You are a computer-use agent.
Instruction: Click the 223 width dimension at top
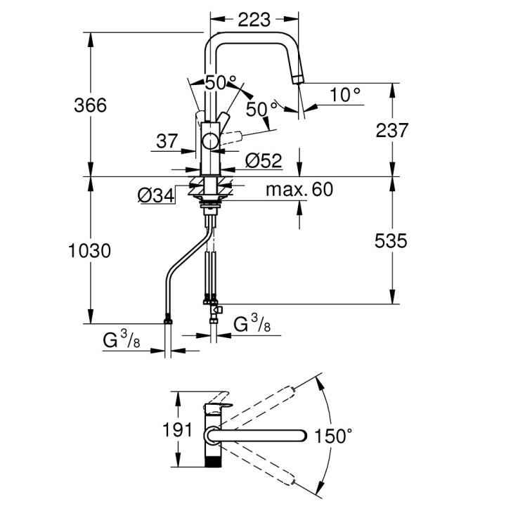[254, 20]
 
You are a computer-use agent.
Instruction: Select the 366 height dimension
[91, 105]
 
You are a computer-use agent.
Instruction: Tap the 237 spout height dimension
[391, 130]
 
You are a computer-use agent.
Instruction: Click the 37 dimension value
[167, 141]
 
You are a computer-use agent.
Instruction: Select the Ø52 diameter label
[264, 161]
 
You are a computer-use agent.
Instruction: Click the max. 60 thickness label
[299, 189]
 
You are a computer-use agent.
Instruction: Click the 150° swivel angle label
[334, 436]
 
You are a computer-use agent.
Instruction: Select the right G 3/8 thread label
[250, 325]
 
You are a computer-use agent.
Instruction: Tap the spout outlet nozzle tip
[299, 79]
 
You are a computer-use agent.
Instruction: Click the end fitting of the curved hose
[168, 322]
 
